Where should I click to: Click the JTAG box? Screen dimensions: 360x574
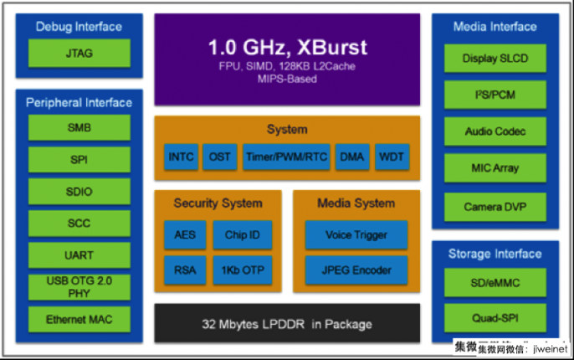click(x=79, y=54)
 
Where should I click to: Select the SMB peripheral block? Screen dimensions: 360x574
click(x=79, y=128)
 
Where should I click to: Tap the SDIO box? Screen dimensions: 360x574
click(x=79, y=192)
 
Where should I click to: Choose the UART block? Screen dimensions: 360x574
click(x=79, y=255)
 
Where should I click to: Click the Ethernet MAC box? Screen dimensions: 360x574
click(x=79, y=319)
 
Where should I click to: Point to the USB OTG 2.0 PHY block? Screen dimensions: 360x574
click(x=79, y=287)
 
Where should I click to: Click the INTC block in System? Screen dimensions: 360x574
click(x=181, y=157)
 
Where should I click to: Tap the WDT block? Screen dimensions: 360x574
click(x=391, y=157)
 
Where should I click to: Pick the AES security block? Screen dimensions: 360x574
click(x=184, y=235)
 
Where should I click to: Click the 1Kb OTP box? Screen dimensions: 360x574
click(x=242, y=270)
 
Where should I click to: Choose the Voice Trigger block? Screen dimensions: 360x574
click(x=356, y=235)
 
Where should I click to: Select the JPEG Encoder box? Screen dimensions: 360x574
click(x=356, y=270)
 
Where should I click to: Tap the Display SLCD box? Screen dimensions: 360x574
click(x=495, y=59)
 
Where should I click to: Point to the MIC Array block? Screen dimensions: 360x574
click(x=495, y=168)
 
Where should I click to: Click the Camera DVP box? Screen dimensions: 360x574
click(x=495, y=206)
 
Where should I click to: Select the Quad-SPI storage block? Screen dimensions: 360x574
click(x=495, y=319)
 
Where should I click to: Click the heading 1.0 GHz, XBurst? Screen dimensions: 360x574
click(x=287, y=46)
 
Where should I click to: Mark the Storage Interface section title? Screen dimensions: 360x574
click(x=495, y=254)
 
